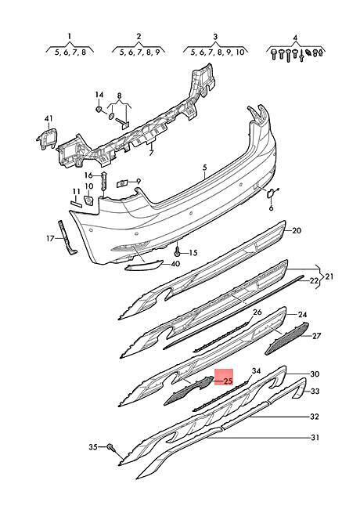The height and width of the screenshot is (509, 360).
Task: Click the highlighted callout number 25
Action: (229, 381)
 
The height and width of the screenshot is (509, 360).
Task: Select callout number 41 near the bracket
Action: (49, 119)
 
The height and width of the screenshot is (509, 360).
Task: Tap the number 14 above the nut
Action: (99, 95)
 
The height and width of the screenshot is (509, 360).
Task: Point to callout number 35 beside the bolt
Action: (93, 447)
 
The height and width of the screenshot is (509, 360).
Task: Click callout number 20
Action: (297, 231)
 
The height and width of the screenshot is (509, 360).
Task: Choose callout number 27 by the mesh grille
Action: (315, 335)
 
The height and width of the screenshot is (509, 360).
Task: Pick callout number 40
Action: (175, 264)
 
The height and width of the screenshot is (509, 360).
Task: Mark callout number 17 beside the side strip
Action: (50, 239)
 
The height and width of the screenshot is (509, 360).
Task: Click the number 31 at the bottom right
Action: (315, 438)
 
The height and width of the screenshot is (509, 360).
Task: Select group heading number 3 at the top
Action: (216, 37)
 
